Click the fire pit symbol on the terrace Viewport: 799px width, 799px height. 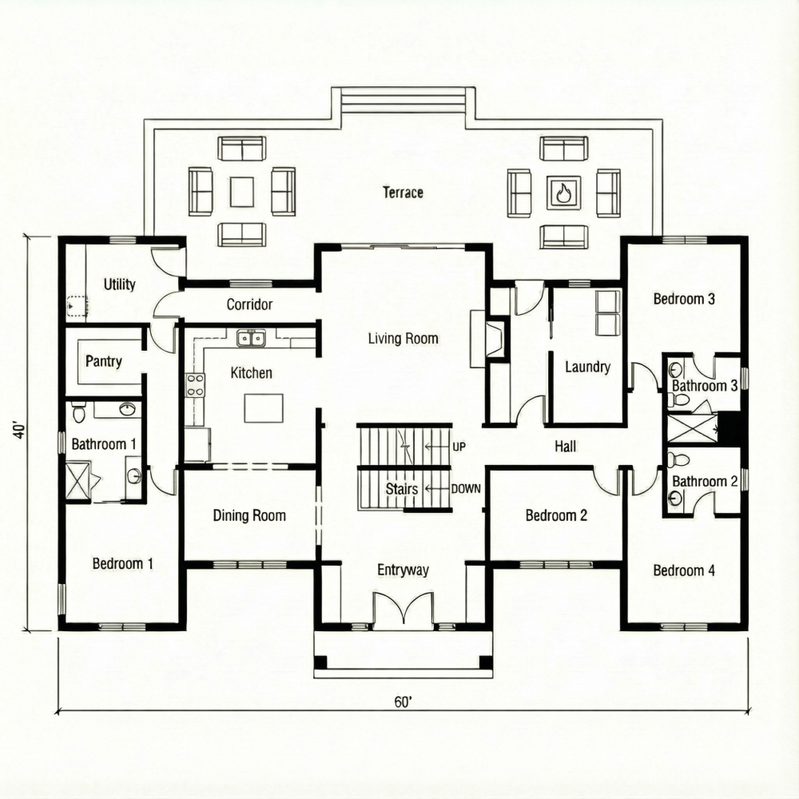[x=564, y=192]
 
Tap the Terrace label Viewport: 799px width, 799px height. [x=403, y=193]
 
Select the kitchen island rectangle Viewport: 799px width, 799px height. [x=264, y=407]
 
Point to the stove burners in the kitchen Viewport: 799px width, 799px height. [x=194, y=385]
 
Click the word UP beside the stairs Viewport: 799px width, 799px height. [x=459, y=446]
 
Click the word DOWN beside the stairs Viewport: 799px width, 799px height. [x=465, y=488]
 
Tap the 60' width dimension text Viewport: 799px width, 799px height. [x=403, y=702]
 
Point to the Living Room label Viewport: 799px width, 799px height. [x=403, y=339]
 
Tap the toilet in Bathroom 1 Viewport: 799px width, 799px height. [x=78, y=413]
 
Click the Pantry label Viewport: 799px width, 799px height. [x=104, y=361]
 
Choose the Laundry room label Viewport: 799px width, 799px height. [x=587, y=367]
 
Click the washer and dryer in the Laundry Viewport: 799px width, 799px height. [x=608, y=312]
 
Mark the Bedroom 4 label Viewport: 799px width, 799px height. [x=684, y=570]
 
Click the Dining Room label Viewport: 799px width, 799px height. [x=249, y=516]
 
